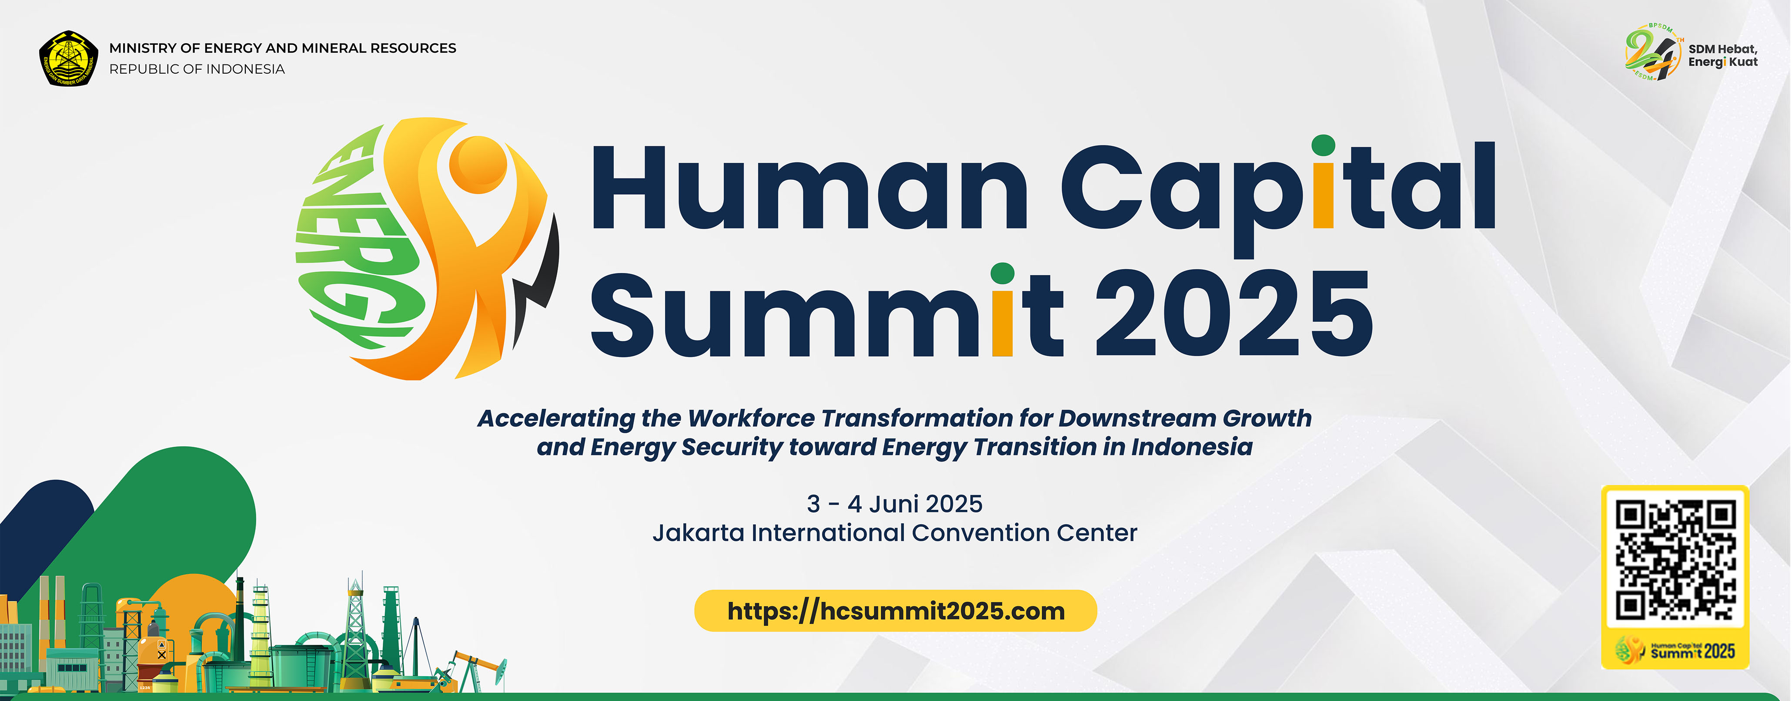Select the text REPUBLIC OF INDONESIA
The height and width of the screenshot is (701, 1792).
click(197, 69)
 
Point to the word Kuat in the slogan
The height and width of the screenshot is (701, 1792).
click(1743, 62)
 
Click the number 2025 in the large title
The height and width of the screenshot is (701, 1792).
click(1234, 313)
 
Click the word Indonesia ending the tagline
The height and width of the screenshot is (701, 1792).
click(1192, 447)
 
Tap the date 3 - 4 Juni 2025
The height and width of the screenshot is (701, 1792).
click(895, 503)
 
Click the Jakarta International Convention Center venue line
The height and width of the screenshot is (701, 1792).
click(895, 532)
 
